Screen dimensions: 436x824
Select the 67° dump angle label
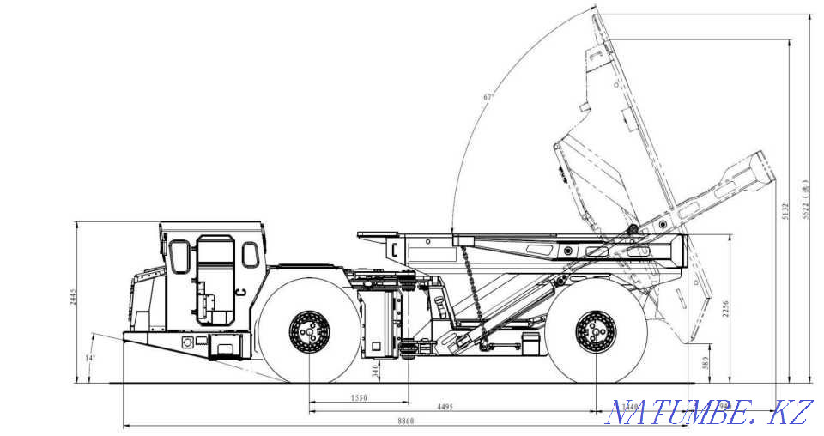tap(488, 97)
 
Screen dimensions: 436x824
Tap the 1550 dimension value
tap(360, 399)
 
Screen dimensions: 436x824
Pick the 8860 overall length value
tap(407, 421)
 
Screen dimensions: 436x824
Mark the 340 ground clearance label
tap(374, 370)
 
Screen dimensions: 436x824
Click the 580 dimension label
tap(706, 364)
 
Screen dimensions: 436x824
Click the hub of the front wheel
tap(307, 331)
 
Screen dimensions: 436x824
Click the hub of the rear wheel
tap(596, 331)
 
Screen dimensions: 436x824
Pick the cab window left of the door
tap(179, 256)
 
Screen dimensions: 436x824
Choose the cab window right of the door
tap(250, 254)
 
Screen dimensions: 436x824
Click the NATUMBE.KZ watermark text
tap(707, 412)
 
